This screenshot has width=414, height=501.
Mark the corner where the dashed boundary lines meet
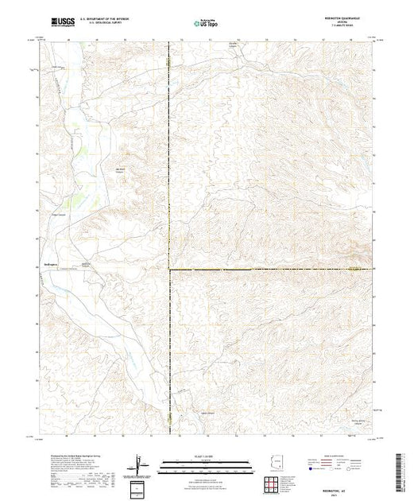coord(169,270)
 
